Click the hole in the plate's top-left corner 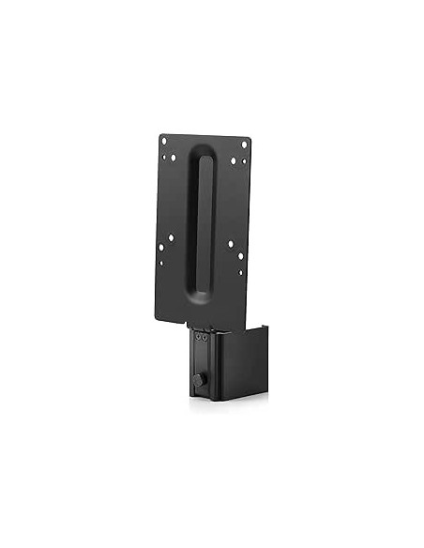tap(164, 140)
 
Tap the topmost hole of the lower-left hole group tap(172, 238)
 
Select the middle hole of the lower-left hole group tap(161, 248)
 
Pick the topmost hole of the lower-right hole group tap(231, 245)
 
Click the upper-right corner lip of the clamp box tap(266, 328)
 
